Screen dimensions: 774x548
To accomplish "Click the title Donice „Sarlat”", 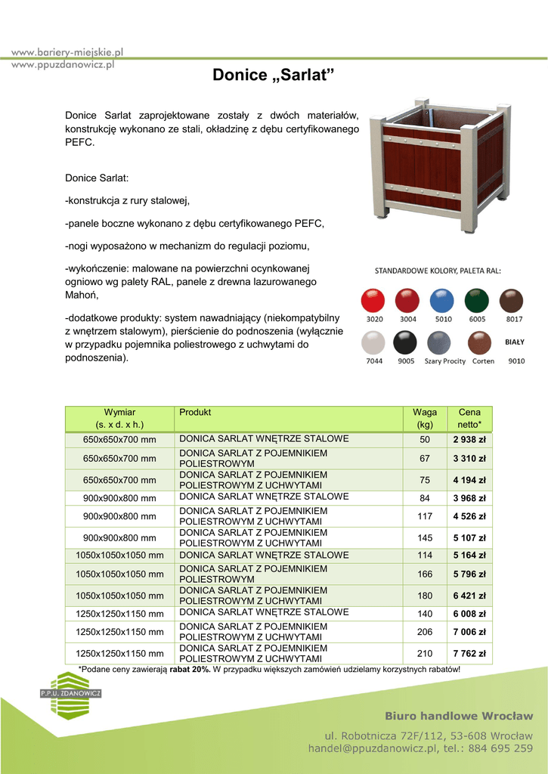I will pyautogui.click(x=273, y=76).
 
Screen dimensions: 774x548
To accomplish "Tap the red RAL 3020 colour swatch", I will pyautogui.click(x=373, y=300).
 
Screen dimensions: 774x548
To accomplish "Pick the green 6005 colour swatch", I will pyautogui.click(x=477, y=300).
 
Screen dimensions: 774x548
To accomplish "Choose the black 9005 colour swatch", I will pyautogui.click(x=407, y=343).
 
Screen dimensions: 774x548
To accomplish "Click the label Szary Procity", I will pyautogui.click(x=444, y=361).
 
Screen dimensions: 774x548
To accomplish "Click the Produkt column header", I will pyautogui.click(x=195, y=413).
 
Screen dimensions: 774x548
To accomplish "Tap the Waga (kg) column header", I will pyautogui.click(x=425, y=418).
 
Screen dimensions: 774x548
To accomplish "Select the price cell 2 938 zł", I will pyautogui.click(x=469, y=440).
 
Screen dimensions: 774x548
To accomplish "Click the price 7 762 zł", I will pyautogui.click(x=469, y=654).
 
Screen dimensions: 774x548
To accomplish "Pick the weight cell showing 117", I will pyautogui.click(x=425, y=517).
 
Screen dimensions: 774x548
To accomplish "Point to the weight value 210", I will pyautogui.click(x=425, y=654).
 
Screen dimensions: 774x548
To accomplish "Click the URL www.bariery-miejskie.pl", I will pyautogui.click(x=67, y=52).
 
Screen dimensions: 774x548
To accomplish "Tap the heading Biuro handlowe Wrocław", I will pyautogui.click(x=459, y=716).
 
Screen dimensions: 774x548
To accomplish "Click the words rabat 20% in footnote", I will pyautogui.click(x=190, y=670).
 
